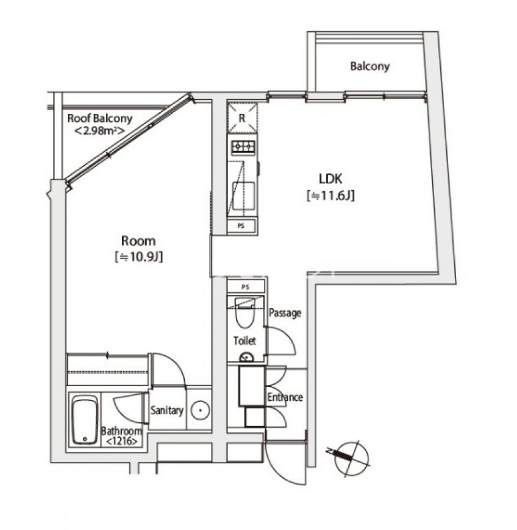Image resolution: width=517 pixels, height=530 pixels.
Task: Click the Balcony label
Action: click(x=369, y=66)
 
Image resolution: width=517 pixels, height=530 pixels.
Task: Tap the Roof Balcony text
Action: click(x=100, y=118)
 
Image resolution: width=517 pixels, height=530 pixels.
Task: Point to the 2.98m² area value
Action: click(x=100, y=130)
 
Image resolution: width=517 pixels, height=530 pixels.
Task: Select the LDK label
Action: click(x=330, y=178)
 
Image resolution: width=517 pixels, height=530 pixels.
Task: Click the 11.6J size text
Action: click(x=330, y=196)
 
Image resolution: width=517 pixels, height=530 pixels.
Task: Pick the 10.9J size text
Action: click(x=139, y=257)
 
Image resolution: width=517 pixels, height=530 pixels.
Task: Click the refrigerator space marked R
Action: click(x=242, y=118)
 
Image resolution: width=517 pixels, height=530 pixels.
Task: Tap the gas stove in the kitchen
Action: click(x=243, y=147)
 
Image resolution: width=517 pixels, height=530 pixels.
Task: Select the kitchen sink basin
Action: click(x=244, y=196)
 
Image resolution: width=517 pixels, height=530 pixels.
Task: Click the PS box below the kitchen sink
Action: click(x=241, y=226)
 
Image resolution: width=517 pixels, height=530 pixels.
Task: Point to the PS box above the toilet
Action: click(x=246, y=287)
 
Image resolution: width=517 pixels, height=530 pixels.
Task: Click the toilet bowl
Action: click(x=245, y=313)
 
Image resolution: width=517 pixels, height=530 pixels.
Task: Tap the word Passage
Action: click(x=285, y=313)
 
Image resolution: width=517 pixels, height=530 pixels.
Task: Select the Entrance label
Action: click(x=285, y=397)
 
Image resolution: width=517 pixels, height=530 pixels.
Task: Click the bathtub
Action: click(x=85, y=420)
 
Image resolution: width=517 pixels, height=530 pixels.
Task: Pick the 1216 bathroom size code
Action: click(x=122, y=442)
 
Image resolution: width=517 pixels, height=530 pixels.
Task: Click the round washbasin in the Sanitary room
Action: click(x=201, y=410)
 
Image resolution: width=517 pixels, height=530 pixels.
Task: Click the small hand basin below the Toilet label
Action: click(x=247, y=357)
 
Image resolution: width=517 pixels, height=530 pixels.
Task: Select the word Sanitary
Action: click(x=167, y=411)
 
